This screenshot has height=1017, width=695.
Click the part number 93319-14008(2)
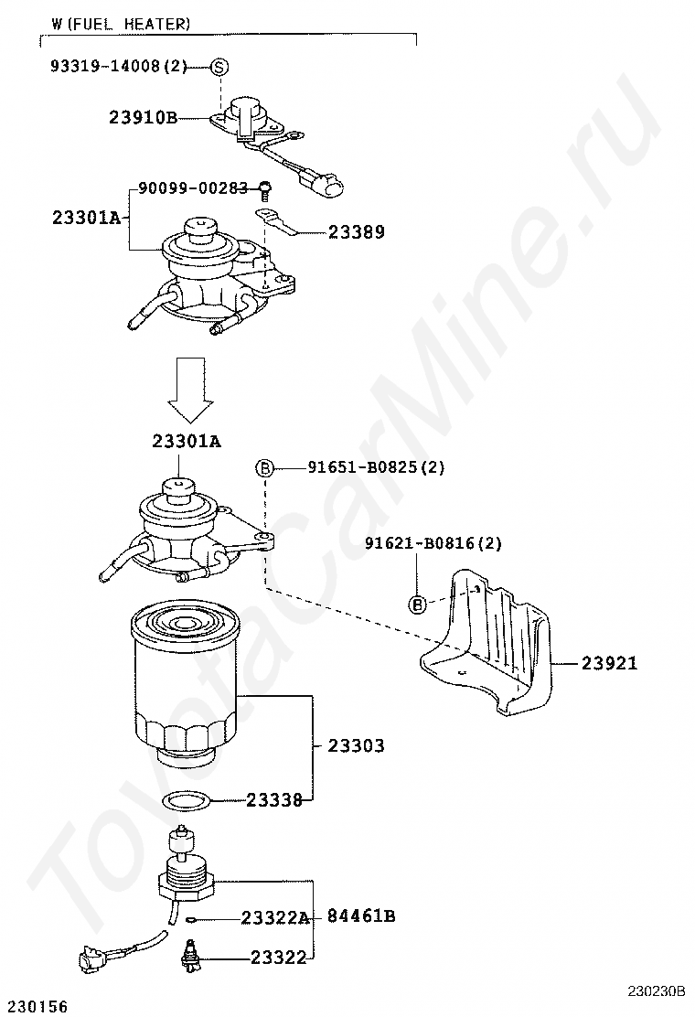(118, 66)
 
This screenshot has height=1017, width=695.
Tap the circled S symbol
(219, 67)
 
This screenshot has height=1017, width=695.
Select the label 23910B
(143, 117)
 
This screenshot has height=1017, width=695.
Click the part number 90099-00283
(193, 187)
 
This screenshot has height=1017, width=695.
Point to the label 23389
(357, 232)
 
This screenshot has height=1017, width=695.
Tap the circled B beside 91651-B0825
(264, 468)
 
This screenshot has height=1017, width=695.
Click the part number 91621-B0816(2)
(433, 543)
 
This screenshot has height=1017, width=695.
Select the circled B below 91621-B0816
(417, 604)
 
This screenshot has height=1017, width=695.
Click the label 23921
(609, 664)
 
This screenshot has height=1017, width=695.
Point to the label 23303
(357, 745)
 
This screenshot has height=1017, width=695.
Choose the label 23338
(274, 800)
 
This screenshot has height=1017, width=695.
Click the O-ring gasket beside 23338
(187, 802)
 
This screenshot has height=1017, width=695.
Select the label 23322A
(275, 917)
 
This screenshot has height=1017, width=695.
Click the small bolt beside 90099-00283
(264, 189)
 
